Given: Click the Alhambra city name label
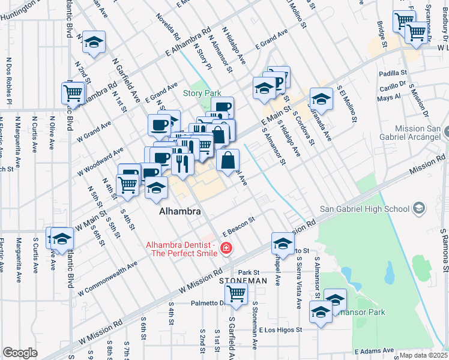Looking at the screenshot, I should (179, 212).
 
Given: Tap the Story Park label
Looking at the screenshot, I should (202, 93).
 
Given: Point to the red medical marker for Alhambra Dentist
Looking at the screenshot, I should (226, 248).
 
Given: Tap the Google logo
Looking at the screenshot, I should (20, 353).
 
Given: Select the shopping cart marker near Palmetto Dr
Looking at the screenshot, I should (237, 294).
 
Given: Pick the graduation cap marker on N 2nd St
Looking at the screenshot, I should (94, 42).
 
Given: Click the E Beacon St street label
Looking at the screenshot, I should (239, 226).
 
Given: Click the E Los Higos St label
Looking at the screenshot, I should (282, 329).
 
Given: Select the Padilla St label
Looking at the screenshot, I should (393, 73).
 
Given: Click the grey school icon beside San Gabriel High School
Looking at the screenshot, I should (419, 209).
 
